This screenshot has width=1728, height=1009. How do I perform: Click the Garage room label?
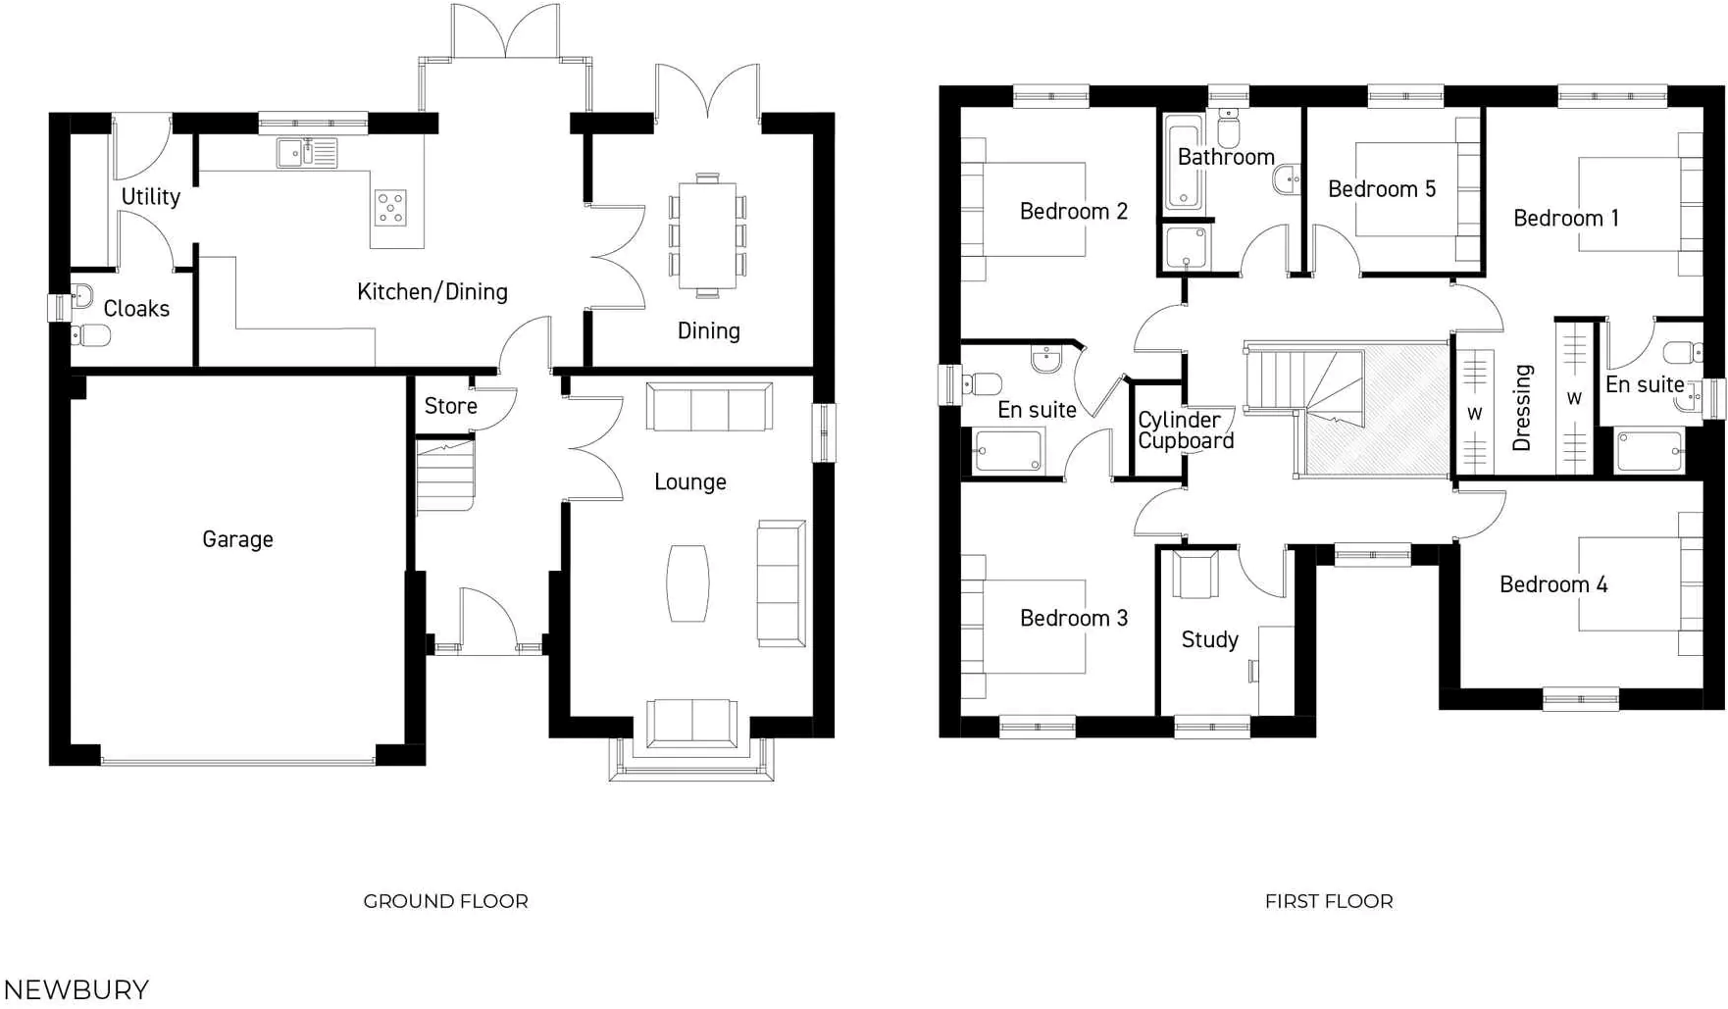click(237, 539)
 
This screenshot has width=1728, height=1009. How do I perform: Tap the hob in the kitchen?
click(390, 208)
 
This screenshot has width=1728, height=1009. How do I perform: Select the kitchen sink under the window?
click(306, 153)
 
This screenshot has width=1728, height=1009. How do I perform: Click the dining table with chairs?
click(707, 235)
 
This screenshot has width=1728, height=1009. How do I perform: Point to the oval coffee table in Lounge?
click(687, 583)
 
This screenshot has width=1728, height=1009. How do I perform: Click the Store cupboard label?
click(450, 406)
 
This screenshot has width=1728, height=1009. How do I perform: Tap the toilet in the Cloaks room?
click(91, 335)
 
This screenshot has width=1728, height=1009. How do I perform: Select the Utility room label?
click(150, 197)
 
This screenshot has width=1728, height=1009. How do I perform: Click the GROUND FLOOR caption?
click(445, 901)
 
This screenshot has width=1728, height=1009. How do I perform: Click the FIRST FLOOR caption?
click(1328, 901)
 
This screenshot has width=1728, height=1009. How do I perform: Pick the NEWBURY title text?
click(76, 989)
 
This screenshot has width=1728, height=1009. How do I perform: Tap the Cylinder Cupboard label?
click(1185, 430)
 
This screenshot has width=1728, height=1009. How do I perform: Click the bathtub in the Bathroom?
click(1183, 164)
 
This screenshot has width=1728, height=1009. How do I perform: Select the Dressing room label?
click(1522, 408)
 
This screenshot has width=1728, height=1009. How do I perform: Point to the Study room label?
click(1209, 640)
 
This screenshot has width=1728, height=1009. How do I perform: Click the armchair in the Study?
click(1194, 576)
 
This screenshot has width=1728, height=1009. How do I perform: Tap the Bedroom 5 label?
click(1381, 189)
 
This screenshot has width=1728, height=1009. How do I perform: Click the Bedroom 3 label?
click(1073, 619)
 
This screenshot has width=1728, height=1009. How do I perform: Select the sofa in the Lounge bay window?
click(691, 724)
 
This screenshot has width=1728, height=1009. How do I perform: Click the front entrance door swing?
click(487, 618)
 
